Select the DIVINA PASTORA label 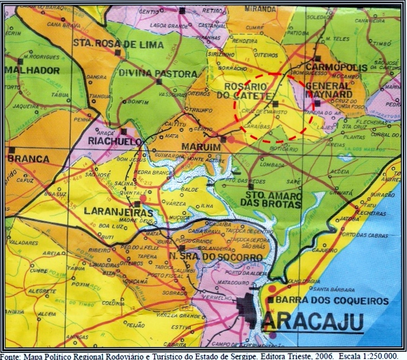(158, 74)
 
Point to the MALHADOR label (32, 70)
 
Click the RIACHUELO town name (115, 142)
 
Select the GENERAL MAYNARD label (329, 89)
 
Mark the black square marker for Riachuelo (124, 131)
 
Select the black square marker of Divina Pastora (159, 81)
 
